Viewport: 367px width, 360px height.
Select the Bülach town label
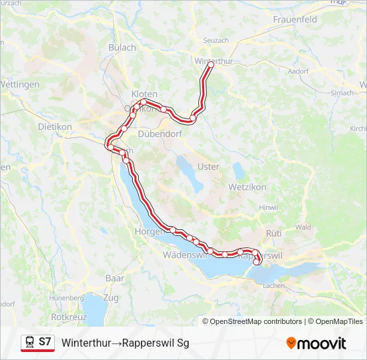pyautogui.click(x=122, y=47)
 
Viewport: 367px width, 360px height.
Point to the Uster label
pyautogui.click(x=208, y=167)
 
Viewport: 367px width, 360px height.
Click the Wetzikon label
pyautogui.click(x=247, y=187)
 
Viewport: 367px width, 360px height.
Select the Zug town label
pyautogui.click(x=111, y=297)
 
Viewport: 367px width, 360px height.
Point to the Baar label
pyautogui.click(x=115, y=277)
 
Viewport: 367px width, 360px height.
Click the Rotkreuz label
pyautogui.click(x=67, y=317)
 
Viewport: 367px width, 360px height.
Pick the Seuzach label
pyautogui.click(x=216, y=41)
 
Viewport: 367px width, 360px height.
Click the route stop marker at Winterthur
pyautogui.click(x=210, y=66)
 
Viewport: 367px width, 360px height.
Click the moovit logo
pyautogui.click(x=316, y=343)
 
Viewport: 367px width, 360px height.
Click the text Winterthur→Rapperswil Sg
pyautogui.click(x=125, y=343)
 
